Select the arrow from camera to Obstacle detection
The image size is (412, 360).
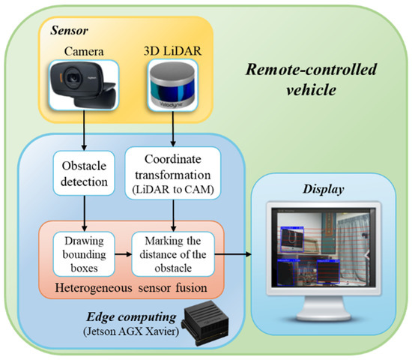pos(85,138)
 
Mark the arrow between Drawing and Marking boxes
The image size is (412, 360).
pos(124,254)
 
